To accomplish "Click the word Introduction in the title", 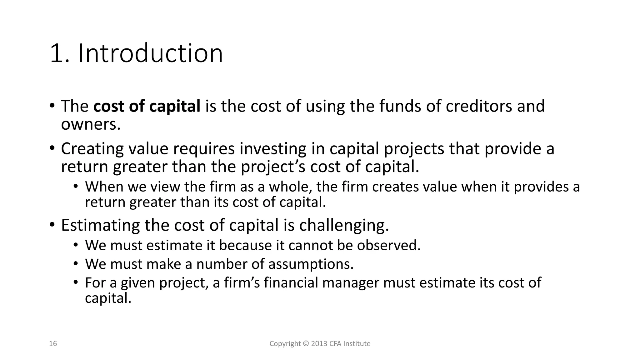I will point(150,53).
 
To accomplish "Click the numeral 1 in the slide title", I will point(56,54).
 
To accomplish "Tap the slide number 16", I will point(53,344).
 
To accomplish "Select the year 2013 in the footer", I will point(319,344).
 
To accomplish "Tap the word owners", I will point(90,124).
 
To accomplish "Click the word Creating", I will point(92,149).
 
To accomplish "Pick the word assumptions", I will point(311,264).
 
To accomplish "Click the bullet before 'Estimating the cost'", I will point(52,225).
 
